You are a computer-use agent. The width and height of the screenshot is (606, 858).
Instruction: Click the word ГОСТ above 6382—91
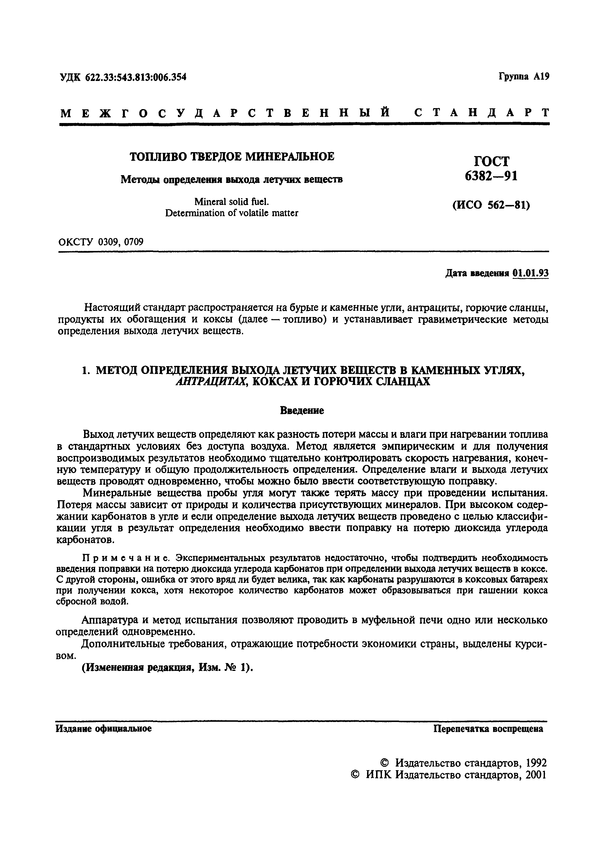coord(491,161)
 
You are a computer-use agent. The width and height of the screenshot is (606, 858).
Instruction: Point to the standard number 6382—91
coord(491,176)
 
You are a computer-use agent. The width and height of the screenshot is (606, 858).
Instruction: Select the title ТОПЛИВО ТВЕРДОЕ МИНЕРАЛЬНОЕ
coord(232,157)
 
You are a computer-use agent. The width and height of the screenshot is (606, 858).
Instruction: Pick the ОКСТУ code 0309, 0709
coord(121,242)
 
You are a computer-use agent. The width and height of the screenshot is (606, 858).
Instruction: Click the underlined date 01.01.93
coord(530,273)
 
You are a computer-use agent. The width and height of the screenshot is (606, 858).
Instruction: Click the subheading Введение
coord(302,411)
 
